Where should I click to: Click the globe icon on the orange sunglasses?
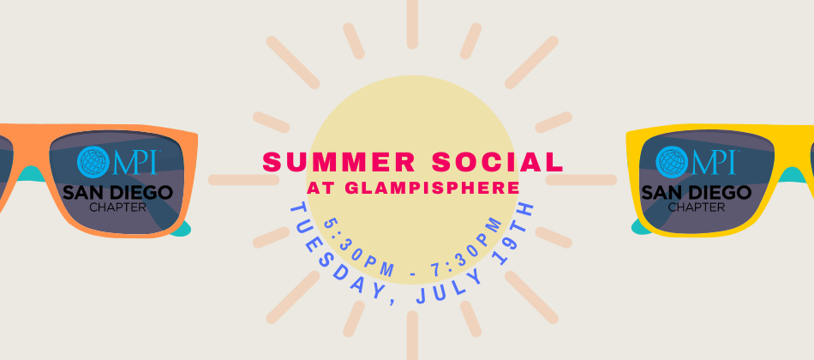(93, 161)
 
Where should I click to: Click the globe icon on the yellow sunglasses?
(672, 161)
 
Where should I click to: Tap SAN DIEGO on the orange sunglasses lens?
(117, 191)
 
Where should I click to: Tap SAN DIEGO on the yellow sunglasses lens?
(695, 191)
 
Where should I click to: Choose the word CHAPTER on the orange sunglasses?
(117, 207)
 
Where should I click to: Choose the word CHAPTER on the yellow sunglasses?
(695, 207)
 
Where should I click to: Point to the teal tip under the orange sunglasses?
(181, 228)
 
